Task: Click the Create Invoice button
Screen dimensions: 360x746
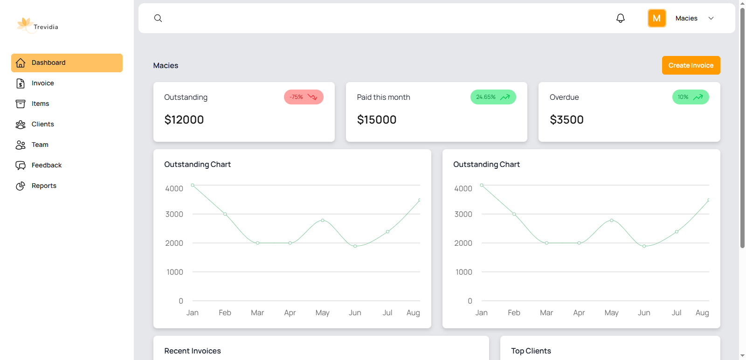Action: click(691, 65)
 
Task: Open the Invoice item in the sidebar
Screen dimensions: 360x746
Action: click(42, 83)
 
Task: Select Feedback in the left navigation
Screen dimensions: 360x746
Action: click(46, 165)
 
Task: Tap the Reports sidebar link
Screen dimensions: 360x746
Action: click(44, 186)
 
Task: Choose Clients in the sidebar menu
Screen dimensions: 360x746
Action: click(42, 124)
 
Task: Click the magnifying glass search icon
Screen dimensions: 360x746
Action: click(158, 18)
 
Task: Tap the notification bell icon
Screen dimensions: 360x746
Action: click(620, 18)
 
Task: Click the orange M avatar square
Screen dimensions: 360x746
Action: click(656, 18)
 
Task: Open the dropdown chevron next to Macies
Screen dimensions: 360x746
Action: click(711, 18)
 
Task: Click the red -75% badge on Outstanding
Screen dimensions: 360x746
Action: click(304, 97)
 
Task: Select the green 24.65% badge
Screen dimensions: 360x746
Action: click(493, 97)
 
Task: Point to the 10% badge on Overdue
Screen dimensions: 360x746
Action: click(690, 97)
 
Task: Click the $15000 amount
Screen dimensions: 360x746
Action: click(376, 120)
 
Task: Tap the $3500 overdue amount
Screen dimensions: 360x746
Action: click(566, 120)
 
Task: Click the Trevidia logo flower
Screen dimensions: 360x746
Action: click(24, 24)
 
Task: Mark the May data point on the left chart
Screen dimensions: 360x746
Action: click(323, 220)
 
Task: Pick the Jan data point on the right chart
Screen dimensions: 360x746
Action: click(482, 185)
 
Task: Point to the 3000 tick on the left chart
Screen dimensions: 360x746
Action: click(174, 214)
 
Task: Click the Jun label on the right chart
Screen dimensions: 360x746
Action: click(644, 312)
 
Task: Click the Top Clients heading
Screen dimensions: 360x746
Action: click(531, 351)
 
